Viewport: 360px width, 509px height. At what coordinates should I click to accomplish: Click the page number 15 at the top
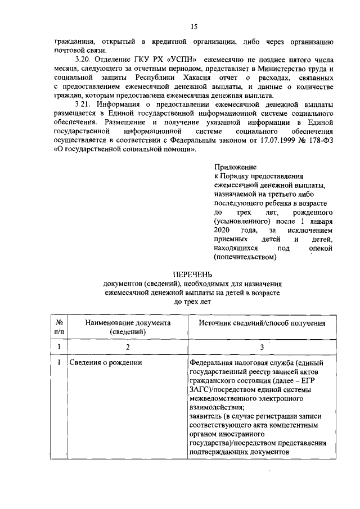pyautogui.click(x=194, y=26)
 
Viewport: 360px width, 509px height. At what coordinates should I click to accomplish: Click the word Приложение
pyautogui.click(x=235, y=167)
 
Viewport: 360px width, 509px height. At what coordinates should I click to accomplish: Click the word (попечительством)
pyautogui.click(x=245, y=258)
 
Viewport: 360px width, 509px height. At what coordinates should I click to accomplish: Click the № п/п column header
pyautogui.click(x=59, y=327)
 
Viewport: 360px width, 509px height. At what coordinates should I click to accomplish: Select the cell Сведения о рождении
pyautogui.click(x=105, y=363)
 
